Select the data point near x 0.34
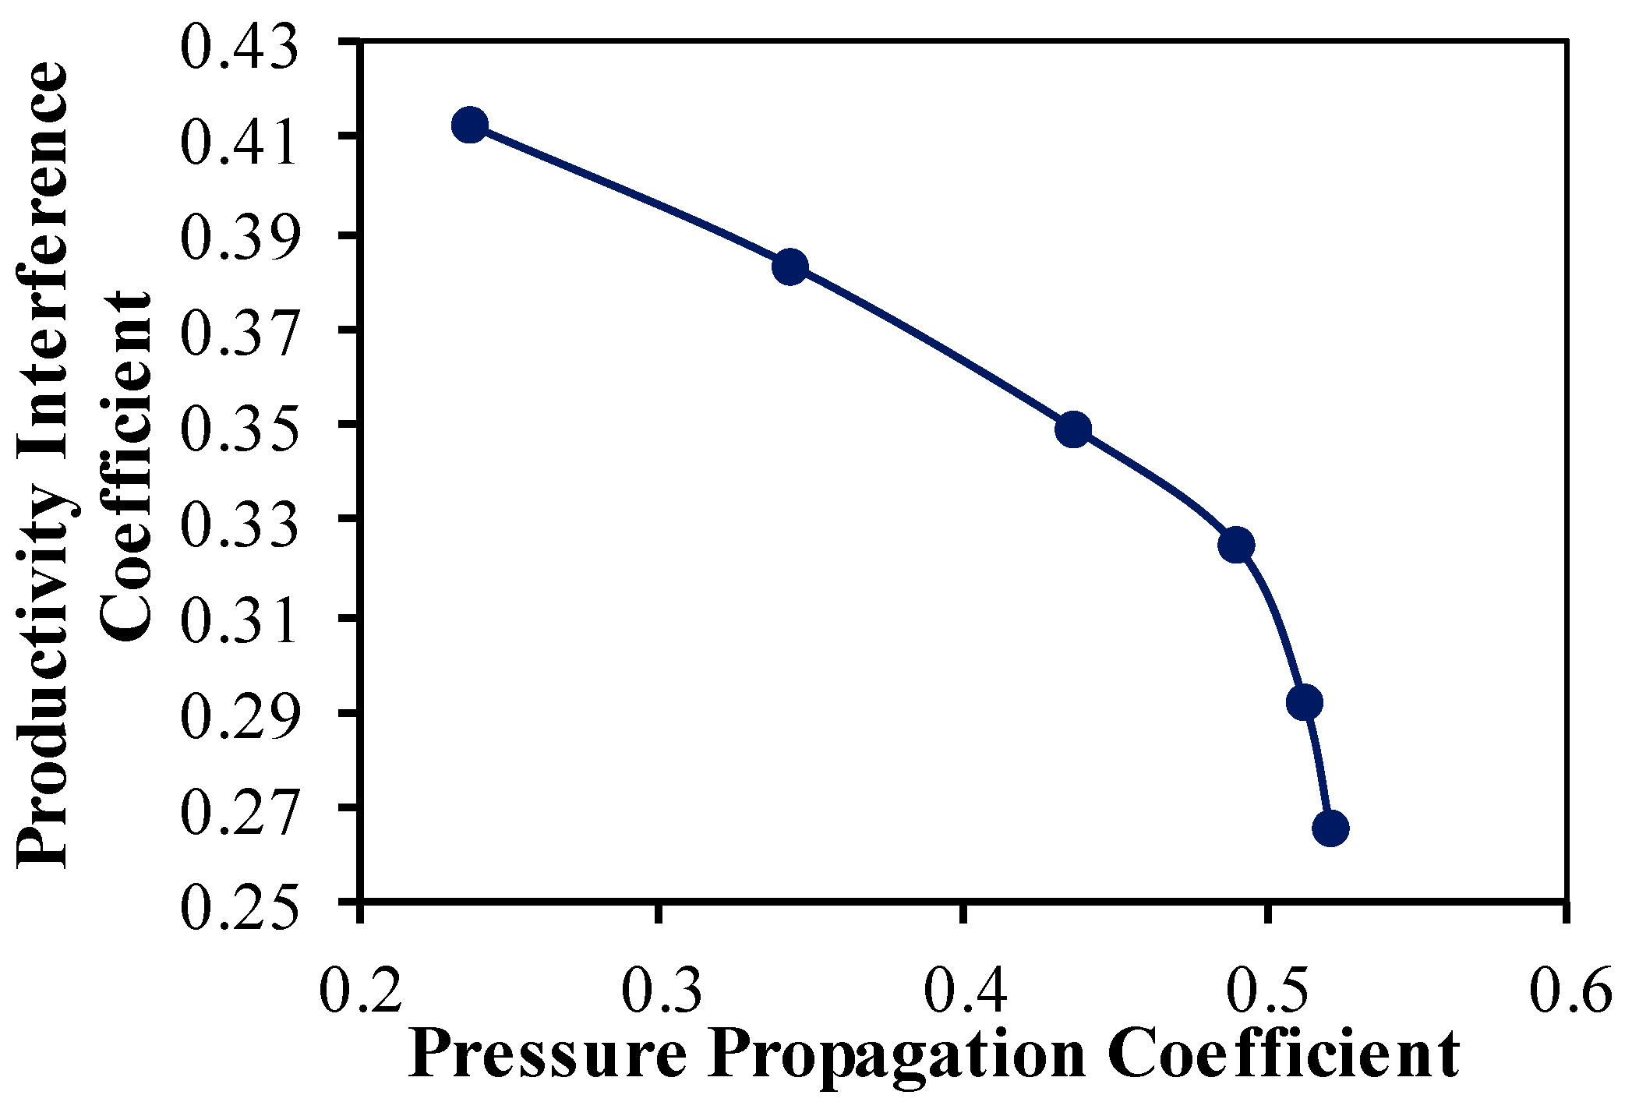(x=790, y=267)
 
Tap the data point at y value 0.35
(x=1073, y=429)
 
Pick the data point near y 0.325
(x=1236, y=545)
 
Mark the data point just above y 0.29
(x=1305, y=702)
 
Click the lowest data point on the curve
(x=1330, y=828)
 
